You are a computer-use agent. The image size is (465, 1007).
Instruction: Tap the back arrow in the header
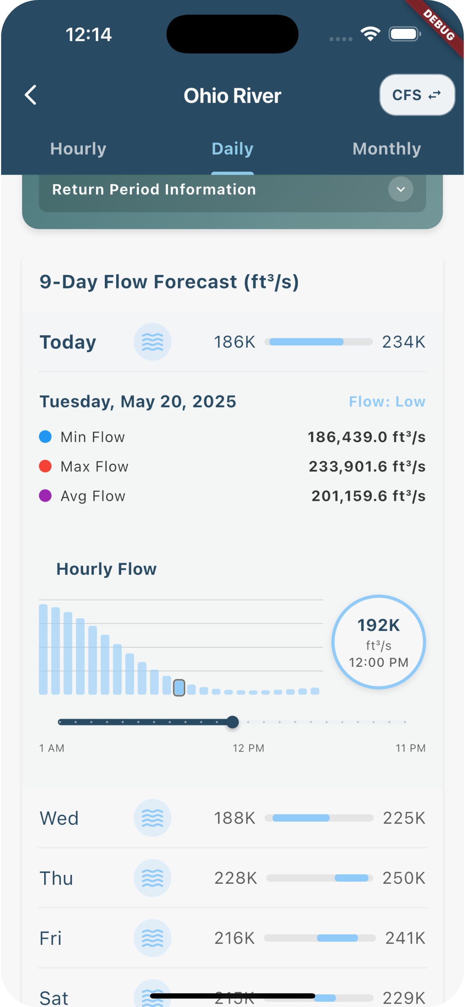click(x=30, y=95)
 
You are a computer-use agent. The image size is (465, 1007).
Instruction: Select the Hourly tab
click(x=78, y=149)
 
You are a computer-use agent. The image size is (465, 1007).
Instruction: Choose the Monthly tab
click(x=386, y=149)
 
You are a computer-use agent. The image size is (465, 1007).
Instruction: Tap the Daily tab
click(x=232, y=149)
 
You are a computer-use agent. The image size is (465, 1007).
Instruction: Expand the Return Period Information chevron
click(x=401, y=190)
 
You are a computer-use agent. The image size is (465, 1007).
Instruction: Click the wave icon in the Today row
click(x=152, y=342)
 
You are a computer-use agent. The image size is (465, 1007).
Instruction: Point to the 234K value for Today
click(x=403, y=342)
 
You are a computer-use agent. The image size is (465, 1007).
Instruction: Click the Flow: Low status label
click(x=387, y=402)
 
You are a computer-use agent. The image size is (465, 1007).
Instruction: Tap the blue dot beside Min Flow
click(x=45, y=437)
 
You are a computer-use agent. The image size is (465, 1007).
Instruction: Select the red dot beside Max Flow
click(x=45, y=466)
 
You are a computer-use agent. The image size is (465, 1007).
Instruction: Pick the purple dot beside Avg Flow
click(x=45, y=496)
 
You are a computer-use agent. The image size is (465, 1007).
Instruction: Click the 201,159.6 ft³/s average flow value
click(x=368, y=496)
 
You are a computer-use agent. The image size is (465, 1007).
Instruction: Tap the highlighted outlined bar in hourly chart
click(x=179, y=687)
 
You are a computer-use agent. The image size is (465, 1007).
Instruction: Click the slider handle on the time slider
click(x=232, y=722)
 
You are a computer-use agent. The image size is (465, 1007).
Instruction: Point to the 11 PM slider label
click(x=410, y=748)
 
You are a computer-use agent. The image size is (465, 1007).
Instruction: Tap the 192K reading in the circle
click(x=378, y=626)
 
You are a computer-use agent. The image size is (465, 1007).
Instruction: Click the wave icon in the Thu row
click(x=152, y=878)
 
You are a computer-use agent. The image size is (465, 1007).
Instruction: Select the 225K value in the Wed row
click(x=404, y=818)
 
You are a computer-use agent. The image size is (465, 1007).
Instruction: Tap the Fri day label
click(x=51, y=938)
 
